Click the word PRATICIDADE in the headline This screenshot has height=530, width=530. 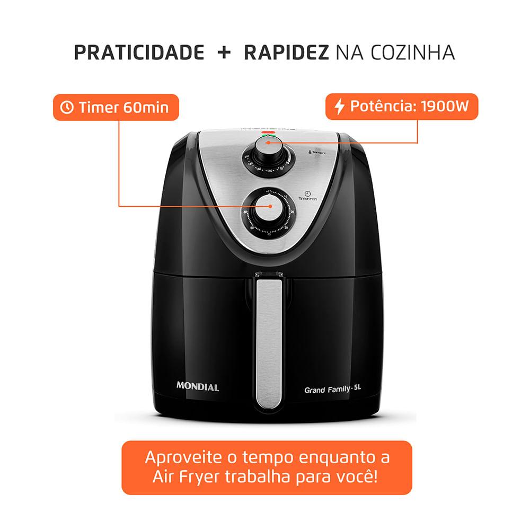coord(139,53)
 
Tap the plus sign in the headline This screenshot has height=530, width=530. coord(224,53)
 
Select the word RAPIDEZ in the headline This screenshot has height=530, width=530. coord(286,53)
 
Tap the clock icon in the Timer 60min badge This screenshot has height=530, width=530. coord(67,108)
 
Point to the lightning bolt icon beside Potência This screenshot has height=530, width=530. coord(339,107)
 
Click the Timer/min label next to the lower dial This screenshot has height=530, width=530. coord(307,197)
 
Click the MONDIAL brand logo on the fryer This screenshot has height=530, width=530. coord(197,387)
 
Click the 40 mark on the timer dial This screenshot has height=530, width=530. coord(269,234)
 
